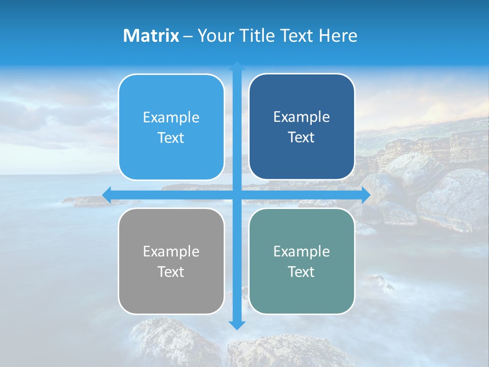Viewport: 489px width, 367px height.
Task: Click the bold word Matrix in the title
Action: click(x=151, y=36)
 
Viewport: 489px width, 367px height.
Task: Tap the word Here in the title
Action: click(x=338, y=36)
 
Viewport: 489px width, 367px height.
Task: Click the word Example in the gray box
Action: click(x=171, y=251)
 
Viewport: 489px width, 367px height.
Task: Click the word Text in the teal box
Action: click(x=302, y=272)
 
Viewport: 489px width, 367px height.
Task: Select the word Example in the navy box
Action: click(x=302, y=117)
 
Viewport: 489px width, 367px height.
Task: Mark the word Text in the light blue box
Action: click(x=171, y=138)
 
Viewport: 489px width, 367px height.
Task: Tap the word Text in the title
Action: click(x=297, y=36)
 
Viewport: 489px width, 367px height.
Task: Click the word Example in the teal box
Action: click(x=302, y=251)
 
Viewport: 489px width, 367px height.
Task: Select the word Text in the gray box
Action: click(x=171, y=272)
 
